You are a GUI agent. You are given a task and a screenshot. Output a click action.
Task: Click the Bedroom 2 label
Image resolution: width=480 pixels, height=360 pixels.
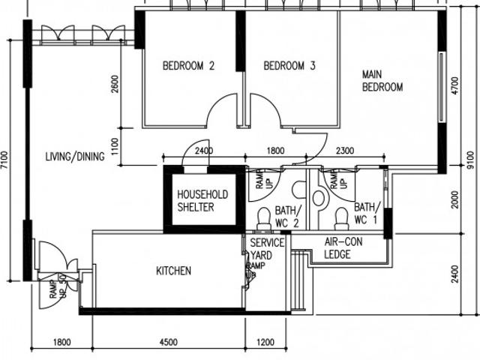pyautogui.click(x=188, y=66)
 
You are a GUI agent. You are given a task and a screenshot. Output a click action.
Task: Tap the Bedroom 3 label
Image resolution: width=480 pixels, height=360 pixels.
pyautogui.click(x=289, y=66)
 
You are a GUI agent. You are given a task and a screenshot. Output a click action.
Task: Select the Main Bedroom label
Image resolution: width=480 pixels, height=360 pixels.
pyautogui.click(x=382, y=81)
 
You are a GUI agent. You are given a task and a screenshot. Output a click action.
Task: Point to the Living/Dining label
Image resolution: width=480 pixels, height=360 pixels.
pyautogui.click(x=73, y=157)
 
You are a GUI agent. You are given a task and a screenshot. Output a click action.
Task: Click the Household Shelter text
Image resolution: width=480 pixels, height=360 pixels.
pyautogui.click(x=202, y=200)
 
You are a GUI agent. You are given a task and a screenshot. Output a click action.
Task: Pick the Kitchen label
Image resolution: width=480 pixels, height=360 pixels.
pyautogui.click(x=173, y=271)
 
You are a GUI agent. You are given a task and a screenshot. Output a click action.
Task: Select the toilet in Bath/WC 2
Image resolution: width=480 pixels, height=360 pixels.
pyautogui.click(x=263, y=218)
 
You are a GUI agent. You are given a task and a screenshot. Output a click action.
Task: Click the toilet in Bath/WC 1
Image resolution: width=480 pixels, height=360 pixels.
pyautogui.click(x=341, y=218)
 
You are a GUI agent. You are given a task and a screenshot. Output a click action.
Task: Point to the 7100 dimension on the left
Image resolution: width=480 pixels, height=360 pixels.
pyautogui.click(x=6, y=162)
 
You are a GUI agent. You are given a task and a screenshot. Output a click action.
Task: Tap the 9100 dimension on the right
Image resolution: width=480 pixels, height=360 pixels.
pyautogui.click(x=470, y=162)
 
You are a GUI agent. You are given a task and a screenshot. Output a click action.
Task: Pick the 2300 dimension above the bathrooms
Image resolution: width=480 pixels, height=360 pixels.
pyautogui.click(x=345, y=151)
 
